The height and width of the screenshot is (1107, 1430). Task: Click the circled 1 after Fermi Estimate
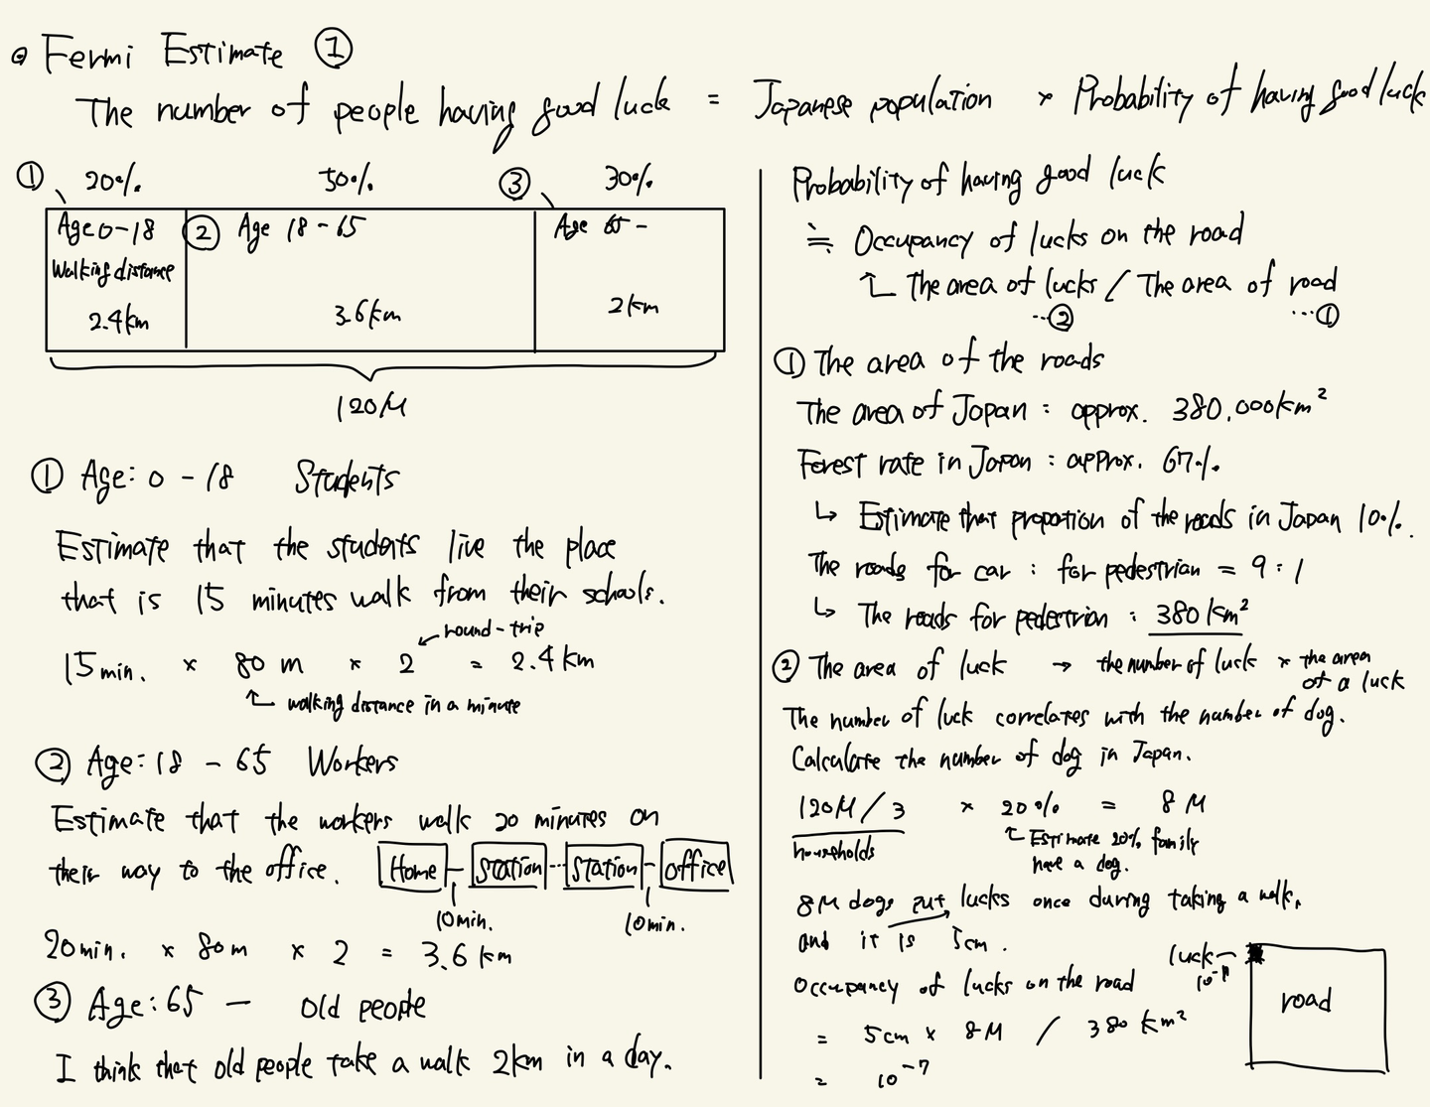click(334, 50)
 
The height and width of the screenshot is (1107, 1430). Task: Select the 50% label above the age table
click(347, 181)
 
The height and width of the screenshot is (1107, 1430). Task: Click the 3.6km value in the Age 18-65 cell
click(367, 316)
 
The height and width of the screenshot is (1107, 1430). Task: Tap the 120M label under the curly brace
click(370, 407)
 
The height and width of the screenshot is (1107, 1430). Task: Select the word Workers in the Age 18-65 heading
click(352, 762)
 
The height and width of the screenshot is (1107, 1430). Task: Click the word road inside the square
click(1305, 1000)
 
